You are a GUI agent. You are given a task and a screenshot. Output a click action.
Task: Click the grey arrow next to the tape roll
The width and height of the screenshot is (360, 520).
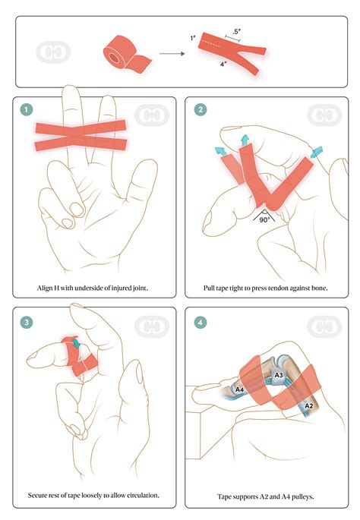[173, 54]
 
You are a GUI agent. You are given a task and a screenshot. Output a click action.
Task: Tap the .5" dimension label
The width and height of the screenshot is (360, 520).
[238, 32]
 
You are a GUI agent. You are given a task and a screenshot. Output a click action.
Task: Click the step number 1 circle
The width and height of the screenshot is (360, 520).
[28, 110]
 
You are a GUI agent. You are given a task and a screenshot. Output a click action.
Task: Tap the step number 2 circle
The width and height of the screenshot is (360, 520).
[200, 110]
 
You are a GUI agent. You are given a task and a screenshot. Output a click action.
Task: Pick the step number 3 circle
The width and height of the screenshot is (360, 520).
[28, 321]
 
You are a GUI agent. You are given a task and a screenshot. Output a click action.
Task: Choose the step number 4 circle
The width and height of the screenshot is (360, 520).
[200, 321]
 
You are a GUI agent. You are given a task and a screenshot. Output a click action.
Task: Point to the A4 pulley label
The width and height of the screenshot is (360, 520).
[239, 390]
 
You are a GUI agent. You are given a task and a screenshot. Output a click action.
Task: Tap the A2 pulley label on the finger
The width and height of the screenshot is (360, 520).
[309, 406]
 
